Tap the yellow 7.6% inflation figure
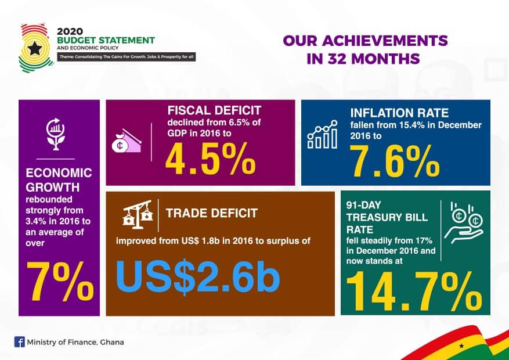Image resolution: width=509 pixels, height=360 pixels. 395,161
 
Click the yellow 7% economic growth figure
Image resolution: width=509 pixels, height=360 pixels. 60,282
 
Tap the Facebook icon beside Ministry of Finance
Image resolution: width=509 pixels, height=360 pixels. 20,342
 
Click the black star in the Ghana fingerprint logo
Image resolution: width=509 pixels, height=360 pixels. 35,49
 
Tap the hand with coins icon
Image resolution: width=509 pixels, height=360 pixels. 463,223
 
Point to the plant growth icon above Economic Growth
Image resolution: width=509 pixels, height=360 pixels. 56,134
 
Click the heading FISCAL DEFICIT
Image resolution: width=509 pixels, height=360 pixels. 214,110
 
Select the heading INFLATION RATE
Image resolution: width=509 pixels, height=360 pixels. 399,113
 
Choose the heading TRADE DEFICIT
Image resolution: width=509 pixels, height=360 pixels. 212,213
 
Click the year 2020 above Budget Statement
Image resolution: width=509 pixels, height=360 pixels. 70,31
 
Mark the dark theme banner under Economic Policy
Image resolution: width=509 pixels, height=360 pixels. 127,57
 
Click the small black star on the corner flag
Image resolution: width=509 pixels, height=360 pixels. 461,346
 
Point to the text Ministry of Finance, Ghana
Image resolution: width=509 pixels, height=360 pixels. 75,342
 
